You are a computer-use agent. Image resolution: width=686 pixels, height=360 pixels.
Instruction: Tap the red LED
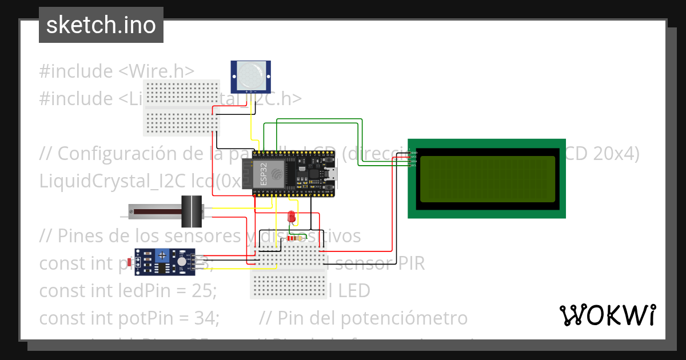[292, 217]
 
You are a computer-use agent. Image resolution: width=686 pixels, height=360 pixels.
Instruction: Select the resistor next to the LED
[294, 238]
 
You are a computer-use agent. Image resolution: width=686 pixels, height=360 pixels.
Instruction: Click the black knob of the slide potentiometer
[192, 211]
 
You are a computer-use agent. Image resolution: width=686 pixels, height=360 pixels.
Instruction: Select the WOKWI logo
[607, 315]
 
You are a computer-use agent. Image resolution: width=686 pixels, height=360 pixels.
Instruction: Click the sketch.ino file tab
[101, 25]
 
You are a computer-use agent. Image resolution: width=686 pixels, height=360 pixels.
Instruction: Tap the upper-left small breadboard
[181, 107]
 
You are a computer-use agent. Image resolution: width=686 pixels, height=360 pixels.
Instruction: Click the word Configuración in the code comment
[118, 153]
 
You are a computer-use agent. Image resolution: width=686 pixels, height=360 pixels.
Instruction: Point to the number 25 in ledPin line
[205, 291]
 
